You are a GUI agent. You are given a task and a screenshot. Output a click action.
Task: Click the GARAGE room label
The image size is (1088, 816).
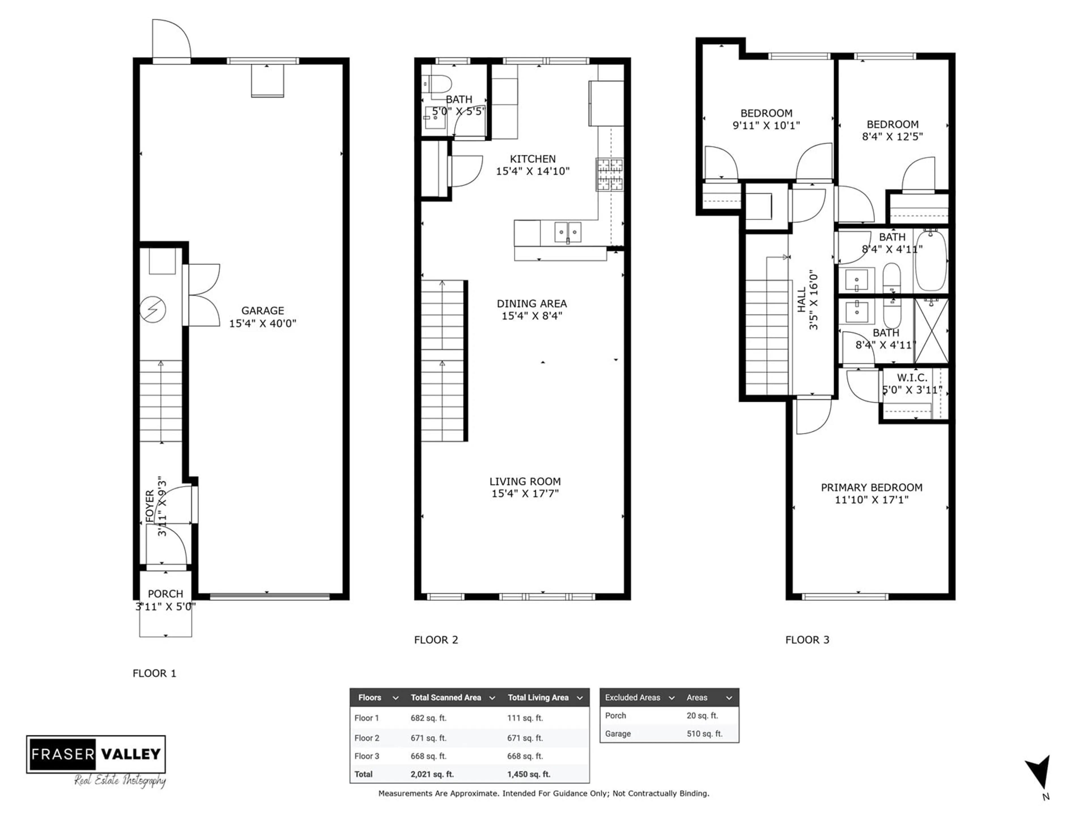click(x=263, y=311)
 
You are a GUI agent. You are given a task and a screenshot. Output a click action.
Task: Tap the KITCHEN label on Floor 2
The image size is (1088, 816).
click(x=533, y=159)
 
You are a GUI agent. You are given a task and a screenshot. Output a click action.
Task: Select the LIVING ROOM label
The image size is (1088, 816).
click(x=525, y=482)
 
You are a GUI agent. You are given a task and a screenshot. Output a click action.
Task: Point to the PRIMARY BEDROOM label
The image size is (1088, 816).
click(x=872, y=487)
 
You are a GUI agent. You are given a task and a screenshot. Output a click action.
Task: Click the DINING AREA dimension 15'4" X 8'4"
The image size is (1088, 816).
click(x=532, y=316)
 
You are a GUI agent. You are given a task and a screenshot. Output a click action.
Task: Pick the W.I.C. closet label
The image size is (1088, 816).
click(x=912, y=378)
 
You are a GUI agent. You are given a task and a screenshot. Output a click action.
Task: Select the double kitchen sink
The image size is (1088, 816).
click(x=568, y=232)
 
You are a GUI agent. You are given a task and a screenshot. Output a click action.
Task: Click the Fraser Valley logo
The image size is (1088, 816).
click(x=96, y=755)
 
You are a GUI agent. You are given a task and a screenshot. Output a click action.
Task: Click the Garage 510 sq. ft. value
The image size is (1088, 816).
click(x=704, y=733)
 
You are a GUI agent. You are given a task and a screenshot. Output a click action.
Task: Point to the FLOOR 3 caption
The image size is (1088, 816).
click(x=807, y=640)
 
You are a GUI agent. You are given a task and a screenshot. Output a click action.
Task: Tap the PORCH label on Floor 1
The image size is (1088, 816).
click(x=165, y=594)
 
